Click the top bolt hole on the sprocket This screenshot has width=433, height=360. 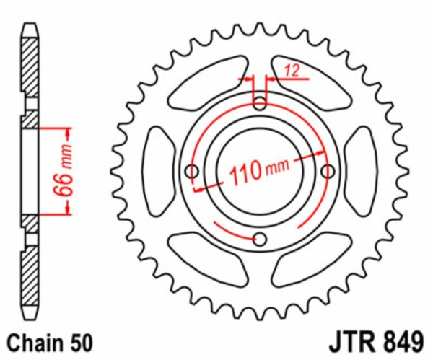click(260, 104)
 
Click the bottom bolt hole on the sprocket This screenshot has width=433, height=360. click(260, 239)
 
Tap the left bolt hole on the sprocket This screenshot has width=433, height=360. click(192, 171)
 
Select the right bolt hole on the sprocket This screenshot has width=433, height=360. click(328, 171)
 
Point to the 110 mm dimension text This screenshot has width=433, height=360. click(259, 170)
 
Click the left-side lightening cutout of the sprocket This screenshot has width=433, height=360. click(159, 171)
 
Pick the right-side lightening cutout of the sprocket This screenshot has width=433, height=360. click(360, 171)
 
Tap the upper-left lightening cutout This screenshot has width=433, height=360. click(208, 84)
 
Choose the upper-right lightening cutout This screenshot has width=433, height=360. click(312, 84)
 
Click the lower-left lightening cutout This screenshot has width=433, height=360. click(208, 260)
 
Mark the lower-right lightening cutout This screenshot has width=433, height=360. click(312, 260)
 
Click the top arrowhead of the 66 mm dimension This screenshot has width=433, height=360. click(68, 133)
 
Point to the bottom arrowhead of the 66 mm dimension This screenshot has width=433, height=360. click(68, 209)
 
